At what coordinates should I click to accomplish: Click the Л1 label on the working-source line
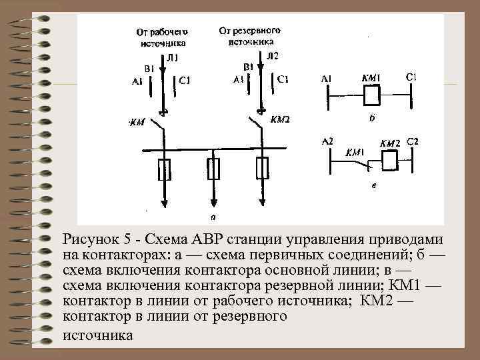[172, 59]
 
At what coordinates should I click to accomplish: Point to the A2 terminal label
[327, 141]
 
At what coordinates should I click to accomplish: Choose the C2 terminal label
[412, 141]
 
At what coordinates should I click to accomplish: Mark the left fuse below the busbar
[163, 169]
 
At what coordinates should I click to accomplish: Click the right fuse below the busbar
[263, 169]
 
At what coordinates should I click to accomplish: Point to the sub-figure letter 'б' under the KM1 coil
[372, 118]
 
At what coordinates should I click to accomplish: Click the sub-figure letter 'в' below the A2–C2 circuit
[373, 187]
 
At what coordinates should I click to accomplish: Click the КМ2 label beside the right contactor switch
[281, 121]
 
